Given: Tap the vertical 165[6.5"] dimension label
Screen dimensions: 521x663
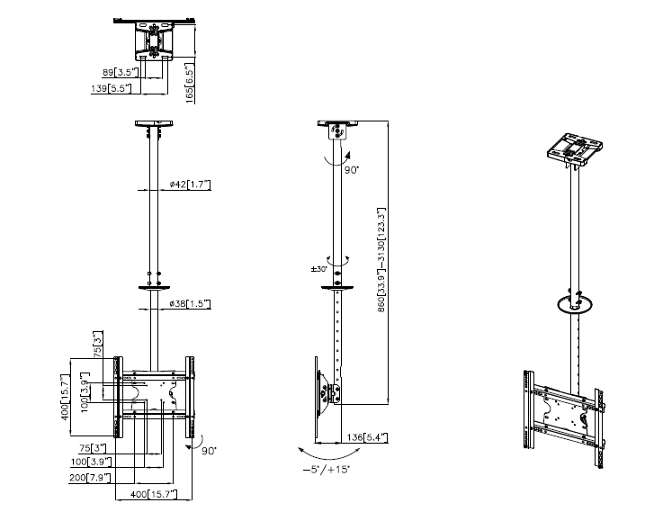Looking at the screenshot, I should coord(191,82).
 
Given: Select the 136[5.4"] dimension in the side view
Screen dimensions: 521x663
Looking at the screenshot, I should coord(368,437).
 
